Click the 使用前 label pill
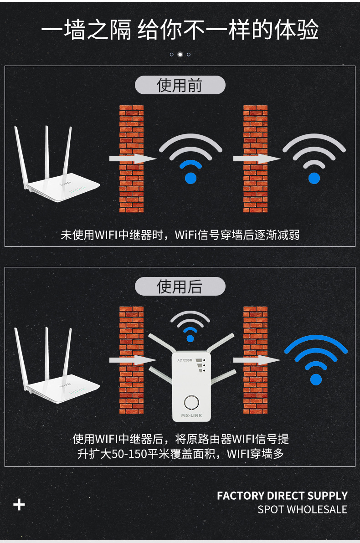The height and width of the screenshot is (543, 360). click(x=180, y=85)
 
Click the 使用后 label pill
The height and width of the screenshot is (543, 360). click(x=180, y=287)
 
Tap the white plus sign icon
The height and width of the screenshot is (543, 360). click(x=19, y=505)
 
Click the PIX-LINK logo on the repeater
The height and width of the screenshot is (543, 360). click(x=191, y=415)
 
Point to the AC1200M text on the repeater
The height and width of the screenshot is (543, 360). click(x=185, y=360)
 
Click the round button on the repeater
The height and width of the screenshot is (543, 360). click(x=191, y=402)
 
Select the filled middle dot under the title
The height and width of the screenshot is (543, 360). click(x=180, y=54)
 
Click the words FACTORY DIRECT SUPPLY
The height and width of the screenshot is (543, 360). click(x=282, y=496)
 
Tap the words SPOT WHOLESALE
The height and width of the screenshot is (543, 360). click(x=302, y=509)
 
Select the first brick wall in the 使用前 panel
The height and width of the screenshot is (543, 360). click(x=131, y=159)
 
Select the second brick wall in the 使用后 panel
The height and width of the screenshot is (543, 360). click(x=255, y=360)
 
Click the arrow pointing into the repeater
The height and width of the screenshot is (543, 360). click(x=133, y=360)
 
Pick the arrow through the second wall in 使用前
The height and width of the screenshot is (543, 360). click(x=257, y=159)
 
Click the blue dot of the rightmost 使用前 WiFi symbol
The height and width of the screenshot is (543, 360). click(x=314, y=178)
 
